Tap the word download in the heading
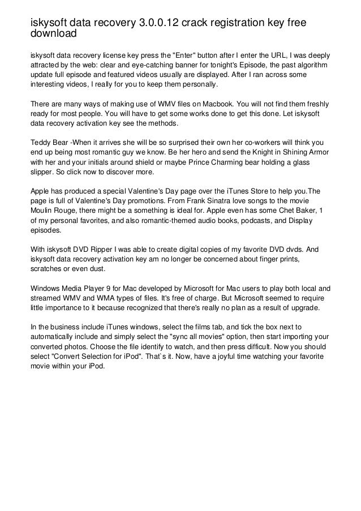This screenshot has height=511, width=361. (53, 34)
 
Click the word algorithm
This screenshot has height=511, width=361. (311, 66)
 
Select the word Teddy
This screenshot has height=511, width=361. (41, 144)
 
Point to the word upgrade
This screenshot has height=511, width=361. (304, 307)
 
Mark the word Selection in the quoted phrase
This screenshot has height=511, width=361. (104, 356)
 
